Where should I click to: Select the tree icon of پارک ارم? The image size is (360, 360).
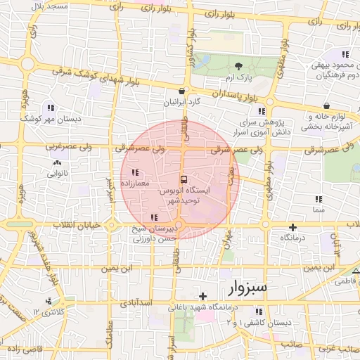click(x=238, y=65)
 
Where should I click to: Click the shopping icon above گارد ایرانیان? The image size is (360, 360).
click(x=183, y=91)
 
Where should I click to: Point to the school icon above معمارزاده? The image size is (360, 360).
click(x=135, y=172)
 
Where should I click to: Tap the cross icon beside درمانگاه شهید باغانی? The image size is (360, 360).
click(x=204, y=296)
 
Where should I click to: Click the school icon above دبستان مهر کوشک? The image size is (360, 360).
click(x=51, y=108)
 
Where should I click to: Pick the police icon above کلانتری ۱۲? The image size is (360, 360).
click(x=48, y=302)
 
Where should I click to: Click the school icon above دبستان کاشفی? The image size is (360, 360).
click(x=259, y=311)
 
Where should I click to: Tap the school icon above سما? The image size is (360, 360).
click(x=321, y=199)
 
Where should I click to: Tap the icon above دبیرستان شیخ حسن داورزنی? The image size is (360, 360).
click(x=154, y=217)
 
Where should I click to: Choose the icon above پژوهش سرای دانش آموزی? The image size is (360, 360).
click(x=262, y=111)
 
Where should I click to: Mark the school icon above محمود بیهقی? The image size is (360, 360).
click(x=345, y=54)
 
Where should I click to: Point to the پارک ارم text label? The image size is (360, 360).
click(x=240, y=75)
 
